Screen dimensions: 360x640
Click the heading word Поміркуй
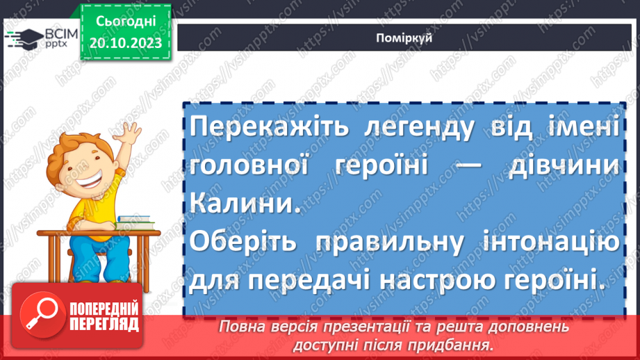click(409, 37)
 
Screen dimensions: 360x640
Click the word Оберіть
click(250, 244)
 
